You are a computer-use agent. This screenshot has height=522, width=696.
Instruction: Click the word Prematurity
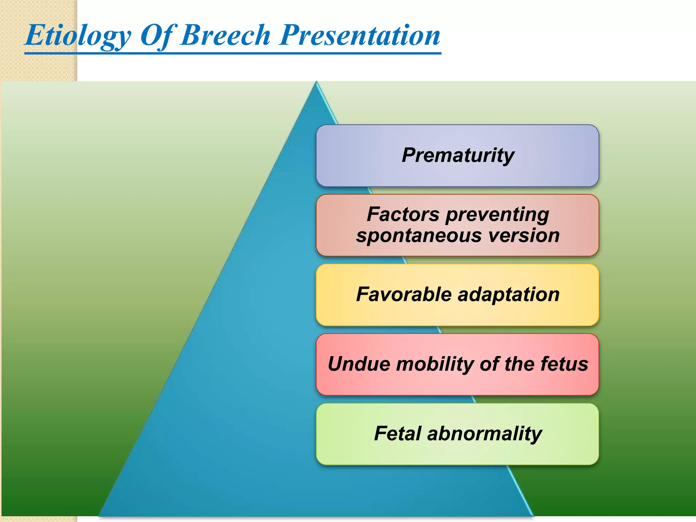click(458, 155)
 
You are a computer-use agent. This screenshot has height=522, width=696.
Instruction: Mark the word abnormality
click(485, 434)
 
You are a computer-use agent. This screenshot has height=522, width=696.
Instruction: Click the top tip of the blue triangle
click(316, 83)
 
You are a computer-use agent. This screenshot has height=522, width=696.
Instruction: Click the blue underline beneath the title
click(233, 53)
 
